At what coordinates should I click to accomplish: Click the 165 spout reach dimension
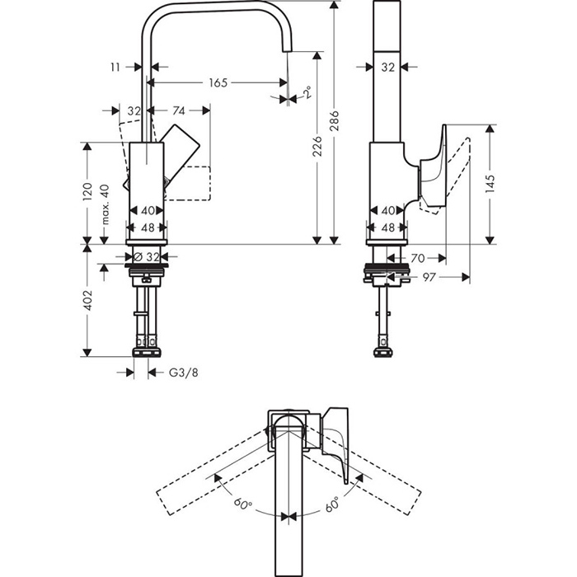(x=217, y=82)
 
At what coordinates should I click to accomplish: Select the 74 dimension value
(x=178, y=110)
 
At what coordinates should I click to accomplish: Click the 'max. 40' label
(x=104, y=204)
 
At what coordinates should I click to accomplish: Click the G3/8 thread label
(x=183, y=373)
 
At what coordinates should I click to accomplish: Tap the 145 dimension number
(x=490, y=182)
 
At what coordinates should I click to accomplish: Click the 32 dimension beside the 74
(x=134, y=110)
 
